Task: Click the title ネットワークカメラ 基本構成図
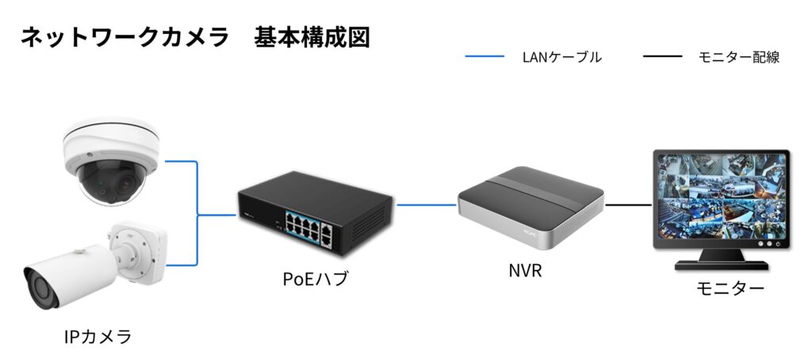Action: (x=195, y=37)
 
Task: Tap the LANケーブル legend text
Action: (x=561, y=57)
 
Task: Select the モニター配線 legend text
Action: (x=738, y=57)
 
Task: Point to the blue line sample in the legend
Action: (x=484, y=57)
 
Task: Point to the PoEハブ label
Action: (x=315, y=278)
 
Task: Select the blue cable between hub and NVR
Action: (x=427, y=205)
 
